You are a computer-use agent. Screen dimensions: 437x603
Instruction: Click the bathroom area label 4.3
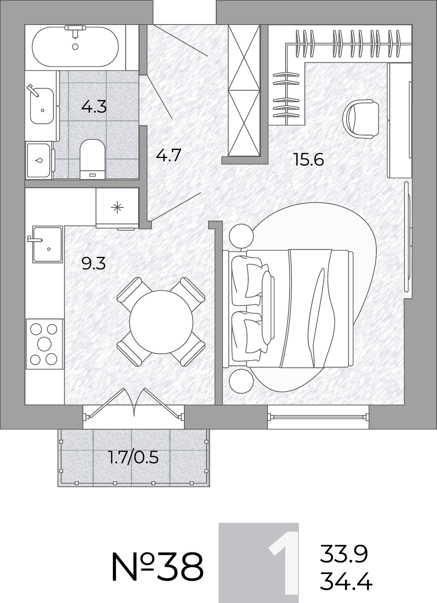click(x=94, y=107)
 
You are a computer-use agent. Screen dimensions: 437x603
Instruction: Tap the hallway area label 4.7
click(x=169, y=155)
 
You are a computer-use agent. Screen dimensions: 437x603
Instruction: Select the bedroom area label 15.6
click(x=309, y=160)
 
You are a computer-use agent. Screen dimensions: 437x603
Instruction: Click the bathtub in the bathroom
click(x=75, y=46)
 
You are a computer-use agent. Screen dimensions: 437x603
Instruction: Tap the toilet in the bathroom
click(x=92, y=159)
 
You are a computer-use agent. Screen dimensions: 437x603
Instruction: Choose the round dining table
click(x=161, y=322)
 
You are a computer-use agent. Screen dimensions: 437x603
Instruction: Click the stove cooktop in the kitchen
click(x=44, y=344)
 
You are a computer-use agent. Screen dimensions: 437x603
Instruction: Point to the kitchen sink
click(x=48, y=244)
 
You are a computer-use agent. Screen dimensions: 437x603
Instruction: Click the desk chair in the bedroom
click(x=361, y=119)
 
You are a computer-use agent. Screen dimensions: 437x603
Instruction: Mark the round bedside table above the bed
click(x=241, y=236)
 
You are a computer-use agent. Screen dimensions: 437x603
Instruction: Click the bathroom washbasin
click(x=42, y=105)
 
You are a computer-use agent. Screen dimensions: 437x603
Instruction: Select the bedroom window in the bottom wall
click(x=318, y=417)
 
